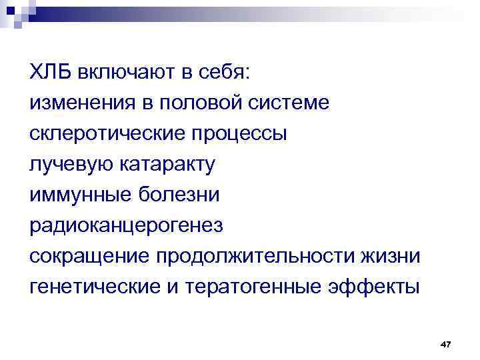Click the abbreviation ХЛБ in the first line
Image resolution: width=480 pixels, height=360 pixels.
(50, 72)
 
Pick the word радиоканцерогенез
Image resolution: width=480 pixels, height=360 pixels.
(127, 225)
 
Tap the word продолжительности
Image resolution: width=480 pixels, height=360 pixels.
(255, 257)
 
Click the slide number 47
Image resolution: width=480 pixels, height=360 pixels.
(446, 343)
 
